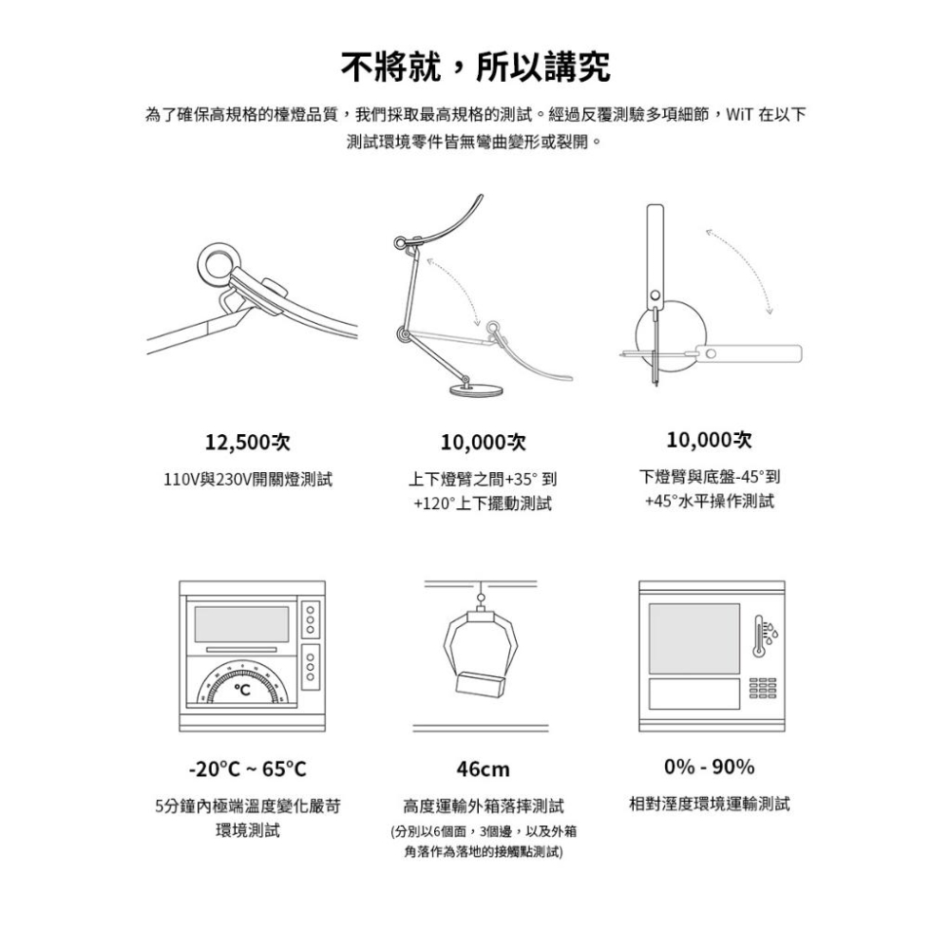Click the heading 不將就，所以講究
(x=475, y=67)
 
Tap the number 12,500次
(x=248, y=442)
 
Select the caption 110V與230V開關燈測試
(x=248, y=480)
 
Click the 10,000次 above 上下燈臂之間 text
(x=483, y=443)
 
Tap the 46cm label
(x=483, y=769)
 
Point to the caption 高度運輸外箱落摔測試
(x=483, y=806)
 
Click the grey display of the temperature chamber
(x=242, y=622)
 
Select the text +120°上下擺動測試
(x=483, y=503)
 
